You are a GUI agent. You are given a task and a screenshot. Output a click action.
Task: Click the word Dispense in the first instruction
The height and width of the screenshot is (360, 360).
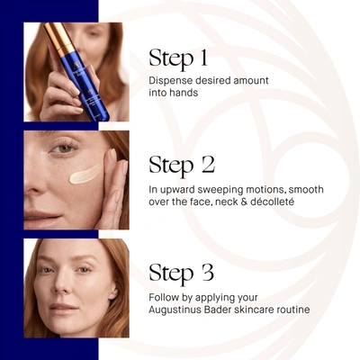coord(171,80)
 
